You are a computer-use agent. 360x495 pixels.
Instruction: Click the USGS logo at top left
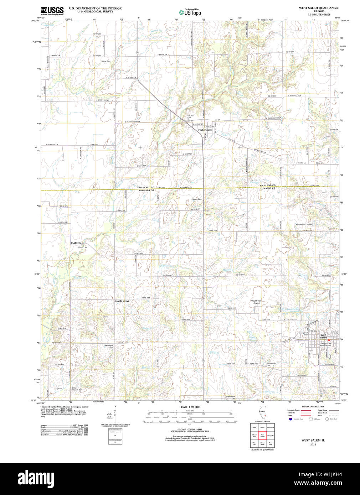coord(52,11)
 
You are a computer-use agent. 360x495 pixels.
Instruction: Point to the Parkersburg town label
coord(205,130)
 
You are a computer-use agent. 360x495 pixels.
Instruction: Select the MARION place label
coord(76,243)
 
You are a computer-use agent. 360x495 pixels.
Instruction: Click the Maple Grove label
coord(122,301)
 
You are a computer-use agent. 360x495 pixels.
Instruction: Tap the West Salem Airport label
coord(256,302)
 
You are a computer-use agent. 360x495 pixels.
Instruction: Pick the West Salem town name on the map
coord(323,336)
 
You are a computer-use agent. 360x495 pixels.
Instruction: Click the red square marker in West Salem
coord(329,340)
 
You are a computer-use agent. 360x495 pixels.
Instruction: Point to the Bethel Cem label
coord(106,61)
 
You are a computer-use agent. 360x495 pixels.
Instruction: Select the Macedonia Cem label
coord(108,346)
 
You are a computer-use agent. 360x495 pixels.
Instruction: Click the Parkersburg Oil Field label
coord(304,224)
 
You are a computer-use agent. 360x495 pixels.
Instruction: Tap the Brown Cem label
coord(197,199)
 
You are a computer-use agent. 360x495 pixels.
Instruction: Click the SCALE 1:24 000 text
coord(190,407)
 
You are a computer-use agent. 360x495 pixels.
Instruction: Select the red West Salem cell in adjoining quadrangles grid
coord(262,436)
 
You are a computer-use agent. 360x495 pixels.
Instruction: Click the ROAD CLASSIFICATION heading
coord(313,407)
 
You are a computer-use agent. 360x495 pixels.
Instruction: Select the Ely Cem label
coord(58,389)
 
